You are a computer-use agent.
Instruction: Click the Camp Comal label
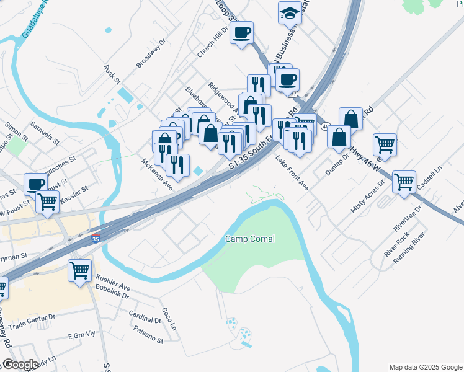click(x=249, y=239)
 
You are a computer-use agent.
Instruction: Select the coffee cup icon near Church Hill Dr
click(x=242, y=32)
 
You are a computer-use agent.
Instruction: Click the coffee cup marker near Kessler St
click(x=35, y=184)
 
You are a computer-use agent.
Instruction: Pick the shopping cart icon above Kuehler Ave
click(x=79, y=270)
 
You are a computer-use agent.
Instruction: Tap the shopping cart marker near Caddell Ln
click(x=404, y=182)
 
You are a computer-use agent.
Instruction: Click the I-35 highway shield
click(x=95, y=238)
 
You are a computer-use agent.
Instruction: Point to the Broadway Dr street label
click(x=153, y=54)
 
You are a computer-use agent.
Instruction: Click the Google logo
click(x=20, y=365)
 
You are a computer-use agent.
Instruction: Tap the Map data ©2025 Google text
click(x=426, y=367)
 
